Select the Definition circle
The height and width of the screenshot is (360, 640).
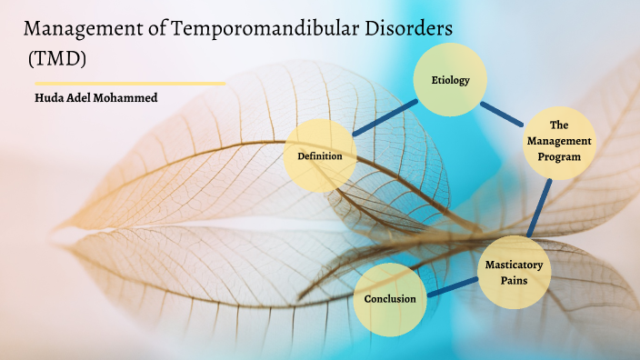tap(320, 156)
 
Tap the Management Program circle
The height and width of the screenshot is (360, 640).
tap(559, 142)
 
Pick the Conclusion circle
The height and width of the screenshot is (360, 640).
tap(390, 298)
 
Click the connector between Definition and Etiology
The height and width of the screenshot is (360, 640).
tap(385, 118)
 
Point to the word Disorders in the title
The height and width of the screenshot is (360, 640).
tap(408, 29)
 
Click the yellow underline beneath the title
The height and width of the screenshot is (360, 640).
tap(128, 83)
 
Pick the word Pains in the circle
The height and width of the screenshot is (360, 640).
tap(515, 280)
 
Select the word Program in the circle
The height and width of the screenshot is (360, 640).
tap(559, 156)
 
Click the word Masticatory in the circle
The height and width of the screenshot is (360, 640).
tap(515, 264)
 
